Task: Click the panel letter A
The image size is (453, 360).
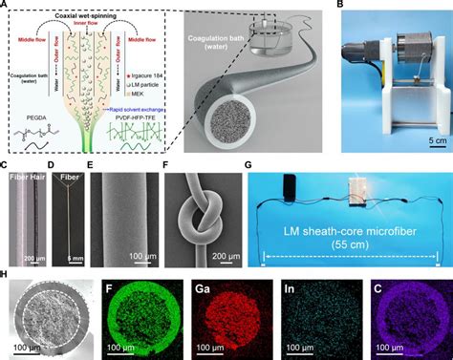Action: (7, 7)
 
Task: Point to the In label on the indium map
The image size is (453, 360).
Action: (289, 287)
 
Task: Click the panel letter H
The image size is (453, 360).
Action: (8, 274)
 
